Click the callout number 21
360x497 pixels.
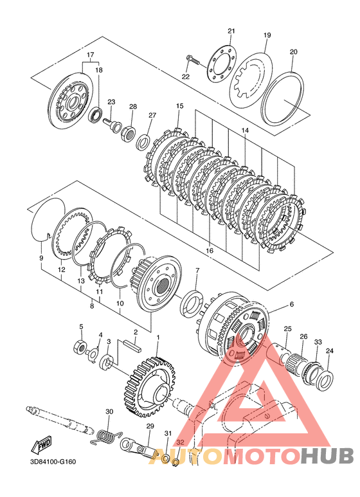click(x=231, y=31)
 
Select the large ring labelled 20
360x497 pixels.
click(x=283, y=98)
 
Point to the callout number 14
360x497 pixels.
click(x=245, y=131)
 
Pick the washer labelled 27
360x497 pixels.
click(x=144, y=141)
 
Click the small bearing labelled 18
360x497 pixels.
click(x=94, y=114)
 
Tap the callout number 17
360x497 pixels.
click(x=91, y=54)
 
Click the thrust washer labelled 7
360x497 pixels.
click(x=192, y=303)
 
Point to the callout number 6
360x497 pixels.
click(x=292, y=304)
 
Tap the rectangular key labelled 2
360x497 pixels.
click(x=134, y=346)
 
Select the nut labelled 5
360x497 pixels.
click(x=80, y=346)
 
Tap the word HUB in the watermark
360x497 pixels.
click(x=327, y=456)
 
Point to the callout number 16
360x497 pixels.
click(x=210, y=250)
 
